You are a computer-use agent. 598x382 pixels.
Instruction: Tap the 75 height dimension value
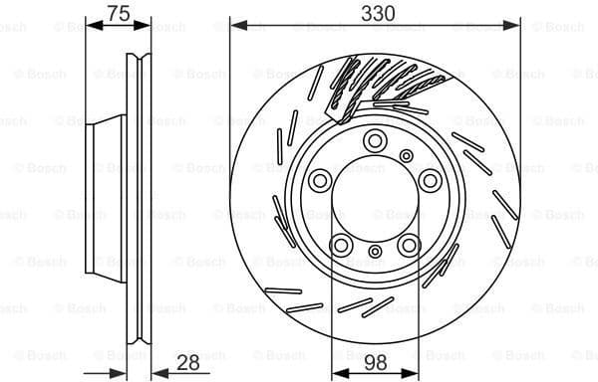(x=119, y=13)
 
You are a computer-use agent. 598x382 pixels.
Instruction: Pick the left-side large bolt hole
(x=321, y=180)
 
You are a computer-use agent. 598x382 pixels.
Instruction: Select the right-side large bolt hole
(x=430, y=180)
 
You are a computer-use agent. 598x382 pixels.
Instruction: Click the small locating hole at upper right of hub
(x=409, y=154)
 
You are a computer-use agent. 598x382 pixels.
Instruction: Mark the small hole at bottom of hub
(x=376, y=257)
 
